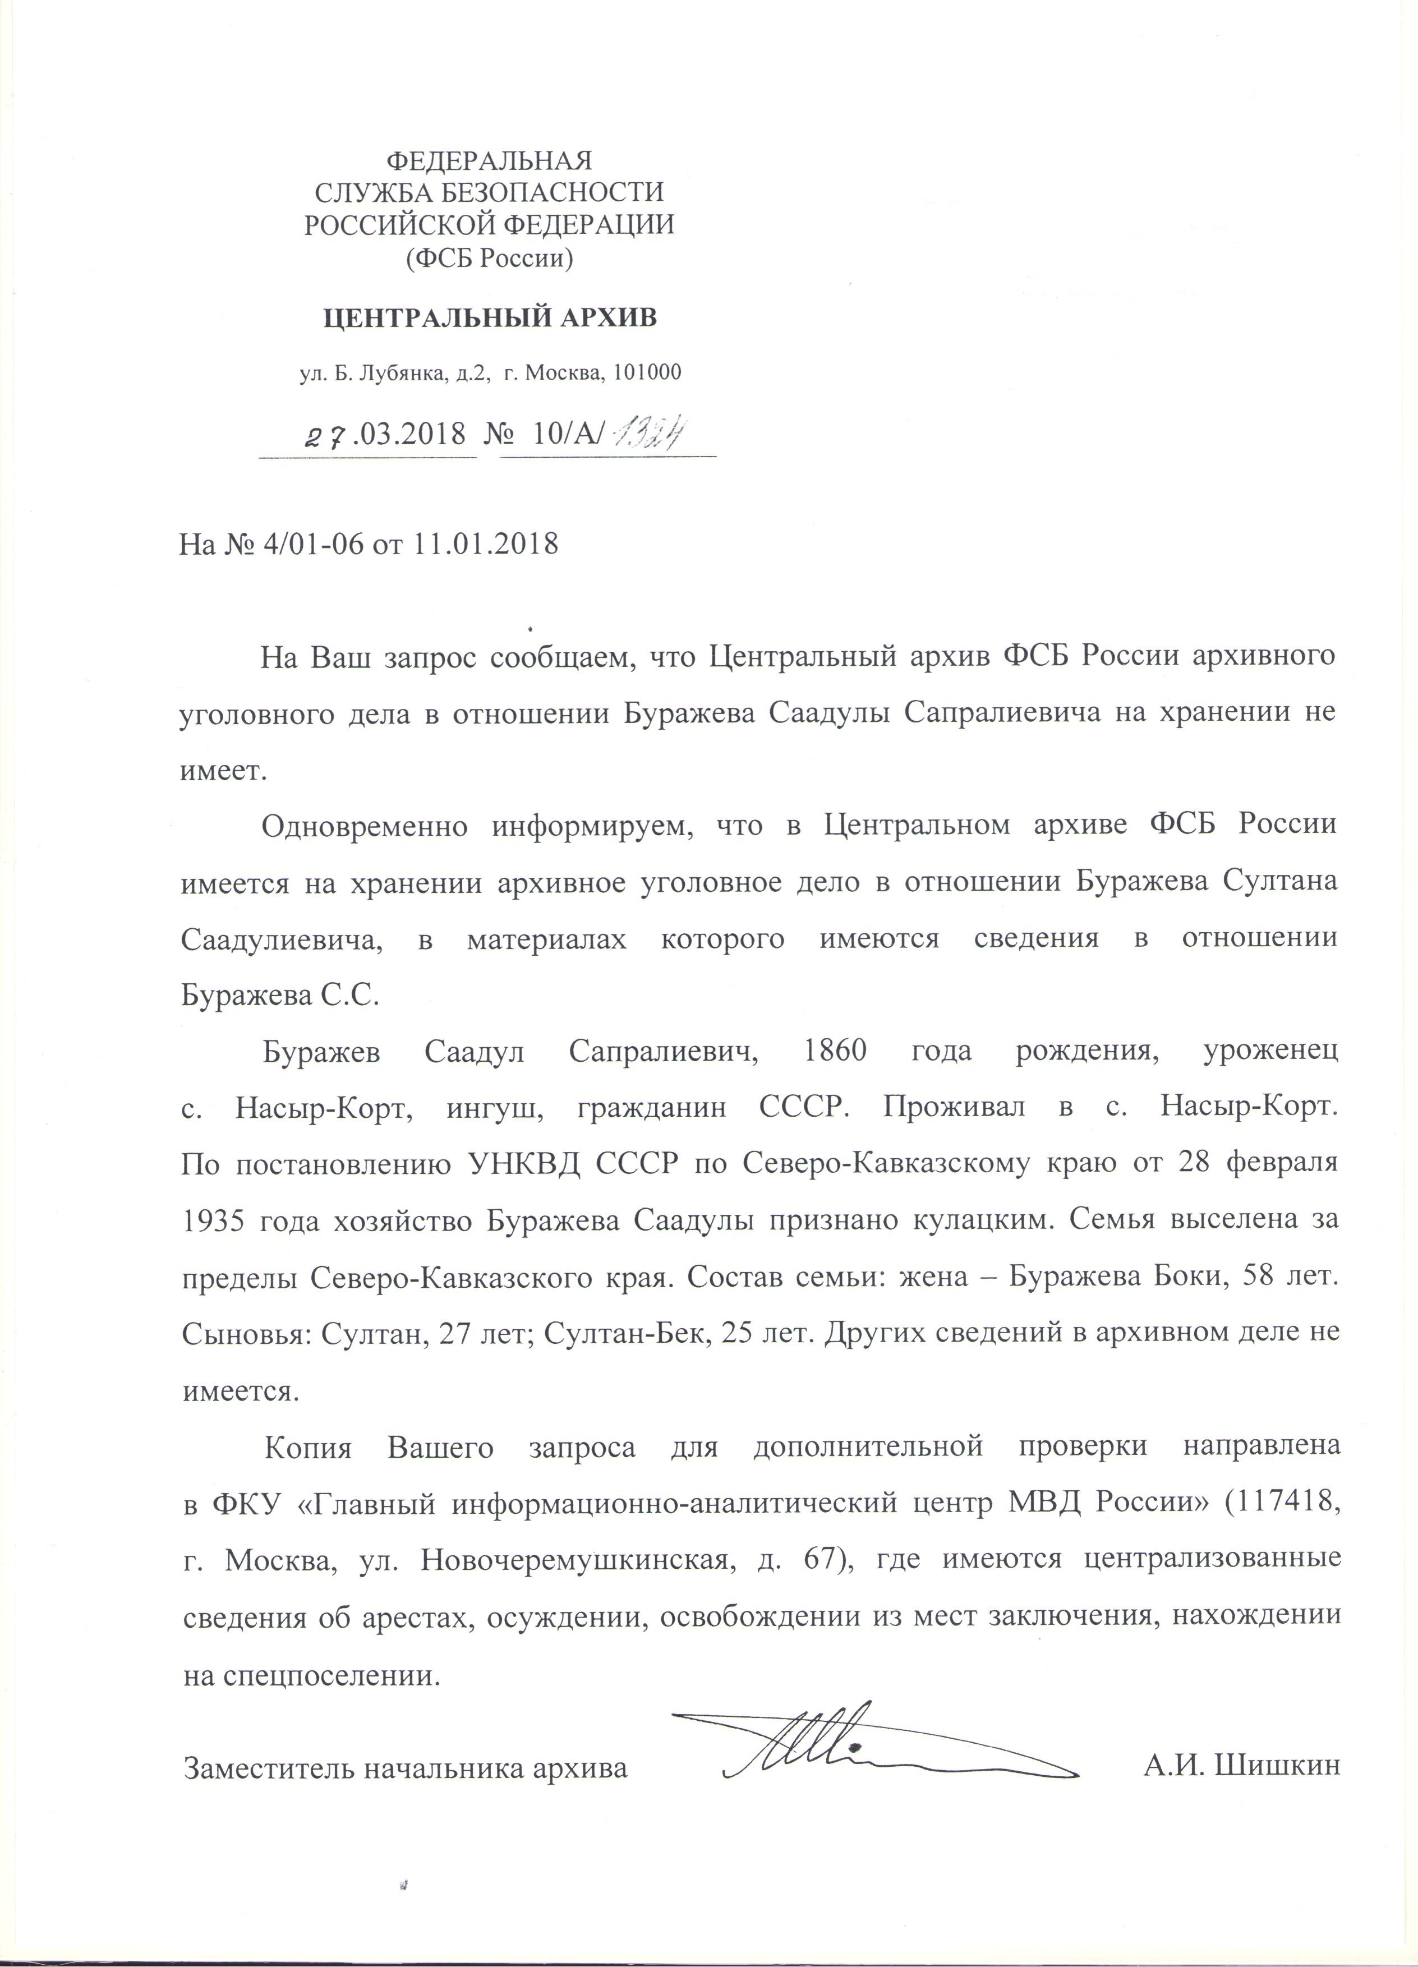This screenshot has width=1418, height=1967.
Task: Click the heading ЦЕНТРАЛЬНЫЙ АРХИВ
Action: tap(490, 318)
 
